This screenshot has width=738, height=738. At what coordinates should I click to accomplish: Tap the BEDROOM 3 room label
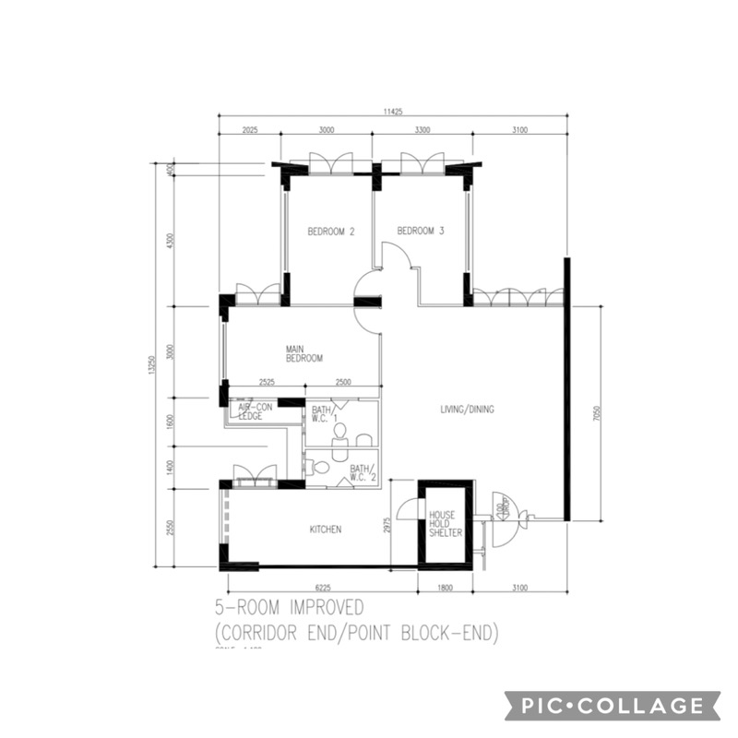tap(421, 232)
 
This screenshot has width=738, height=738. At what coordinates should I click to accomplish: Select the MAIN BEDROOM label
tap(304, 353)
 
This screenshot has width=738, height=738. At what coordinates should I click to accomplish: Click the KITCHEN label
tap(326, 530)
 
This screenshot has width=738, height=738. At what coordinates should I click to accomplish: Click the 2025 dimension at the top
tap(246, 130)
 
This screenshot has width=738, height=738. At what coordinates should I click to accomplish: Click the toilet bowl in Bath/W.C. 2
tap(320, 468)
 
